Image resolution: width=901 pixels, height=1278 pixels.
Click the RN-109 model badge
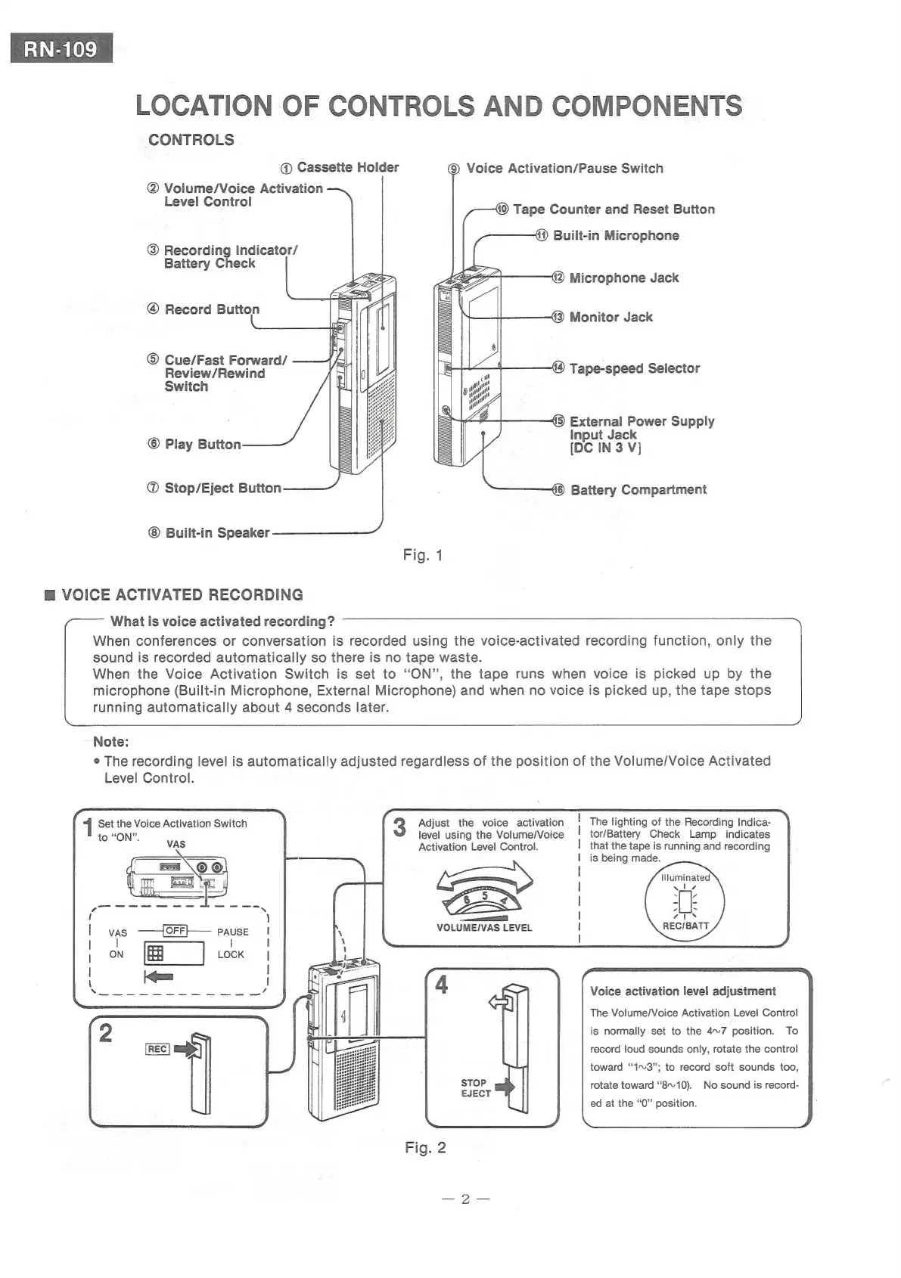point(61,49)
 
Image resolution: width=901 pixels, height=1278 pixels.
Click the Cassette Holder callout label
point(347,167)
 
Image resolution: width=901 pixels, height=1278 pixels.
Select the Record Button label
point(212,309)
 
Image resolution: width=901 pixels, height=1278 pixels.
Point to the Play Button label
point(203,444)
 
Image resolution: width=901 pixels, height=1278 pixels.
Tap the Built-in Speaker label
point(217,532)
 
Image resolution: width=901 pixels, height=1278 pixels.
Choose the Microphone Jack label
point(623,278)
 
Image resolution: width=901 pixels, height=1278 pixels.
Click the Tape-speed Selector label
point(634,368)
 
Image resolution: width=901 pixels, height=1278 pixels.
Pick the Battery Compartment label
point(638,489)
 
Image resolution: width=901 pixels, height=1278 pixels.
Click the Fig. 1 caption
point(423,555)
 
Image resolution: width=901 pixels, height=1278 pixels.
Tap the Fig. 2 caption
point(425,1147)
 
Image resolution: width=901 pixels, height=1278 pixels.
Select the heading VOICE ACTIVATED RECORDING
point(182,594)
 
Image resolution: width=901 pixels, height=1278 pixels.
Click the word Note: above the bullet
point(110,742)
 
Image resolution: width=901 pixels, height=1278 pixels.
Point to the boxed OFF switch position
point(176,930)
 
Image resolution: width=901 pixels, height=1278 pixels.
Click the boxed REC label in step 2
point(157,1049)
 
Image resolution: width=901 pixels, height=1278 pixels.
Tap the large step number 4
point(442,985)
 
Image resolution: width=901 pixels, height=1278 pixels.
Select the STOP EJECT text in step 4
point(475,1088)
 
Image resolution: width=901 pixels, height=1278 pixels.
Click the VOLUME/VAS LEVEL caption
point(484,928)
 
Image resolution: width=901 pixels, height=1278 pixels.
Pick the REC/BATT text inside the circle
point(685,926)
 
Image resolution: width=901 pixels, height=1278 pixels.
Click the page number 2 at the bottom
point(466,1199)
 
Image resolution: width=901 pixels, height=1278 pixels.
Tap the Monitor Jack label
point(611,317)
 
